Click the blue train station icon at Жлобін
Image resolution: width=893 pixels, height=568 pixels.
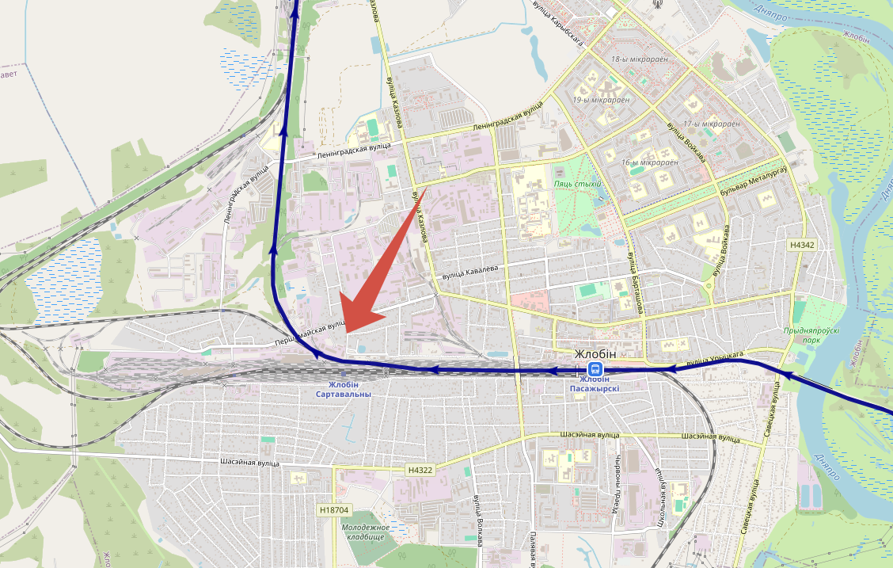pyautogui.click(x=595, y=369)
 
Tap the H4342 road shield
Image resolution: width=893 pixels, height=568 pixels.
pyautogui.click(x=801, y=245)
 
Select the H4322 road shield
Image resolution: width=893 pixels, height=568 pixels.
pyautogui.click(x=420, y=470)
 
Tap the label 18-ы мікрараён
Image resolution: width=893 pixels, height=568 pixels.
pyautogui.click(x=640, y=59)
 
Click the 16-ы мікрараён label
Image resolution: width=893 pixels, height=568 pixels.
pyautogui.click(x=650, y=162)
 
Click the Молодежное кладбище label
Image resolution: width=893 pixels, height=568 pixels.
pyautogui.click(x=365, y=532)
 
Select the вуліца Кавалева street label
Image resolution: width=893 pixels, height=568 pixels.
pyautogui.click(x=470, y=269)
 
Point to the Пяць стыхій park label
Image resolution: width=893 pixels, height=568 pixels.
pyautogui.click(x=578, y=184)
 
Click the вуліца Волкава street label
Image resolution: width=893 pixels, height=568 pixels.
pyautogui.click(x=478, y=520)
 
